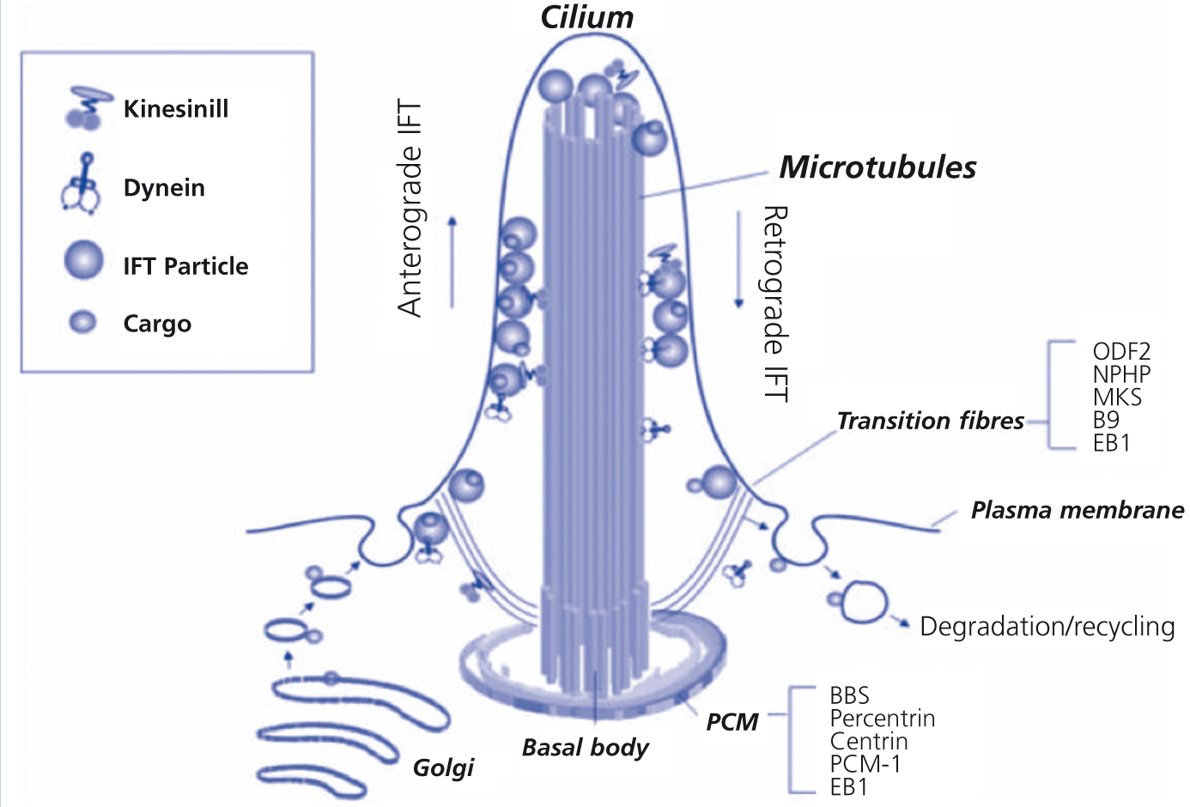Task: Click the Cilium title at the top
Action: coord(586,17)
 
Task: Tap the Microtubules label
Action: coord(877,167)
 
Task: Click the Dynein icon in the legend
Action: coord(82,185)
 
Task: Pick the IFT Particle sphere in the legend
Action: coord(83,260)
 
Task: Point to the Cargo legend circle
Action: coord(82,322)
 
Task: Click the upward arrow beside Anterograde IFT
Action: coord(452,262)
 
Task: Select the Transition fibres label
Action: coord(930,421)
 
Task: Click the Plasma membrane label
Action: coord(1077,510)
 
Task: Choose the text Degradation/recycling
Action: coord(1047,627)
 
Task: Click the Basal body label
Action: coord(585,747)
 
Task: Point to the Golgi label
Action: coord(443,767)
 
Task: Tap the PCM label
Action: coord(732,722)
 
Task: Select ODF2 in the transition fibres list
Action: coord(1121,351)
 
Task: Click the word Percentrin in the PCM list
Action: coord(882,719)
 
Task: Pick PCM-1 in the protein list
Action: coord(865,764)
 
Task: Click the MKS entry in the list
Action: coord(1117,397)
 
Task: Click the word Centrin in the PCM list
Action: coord(868,742)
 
